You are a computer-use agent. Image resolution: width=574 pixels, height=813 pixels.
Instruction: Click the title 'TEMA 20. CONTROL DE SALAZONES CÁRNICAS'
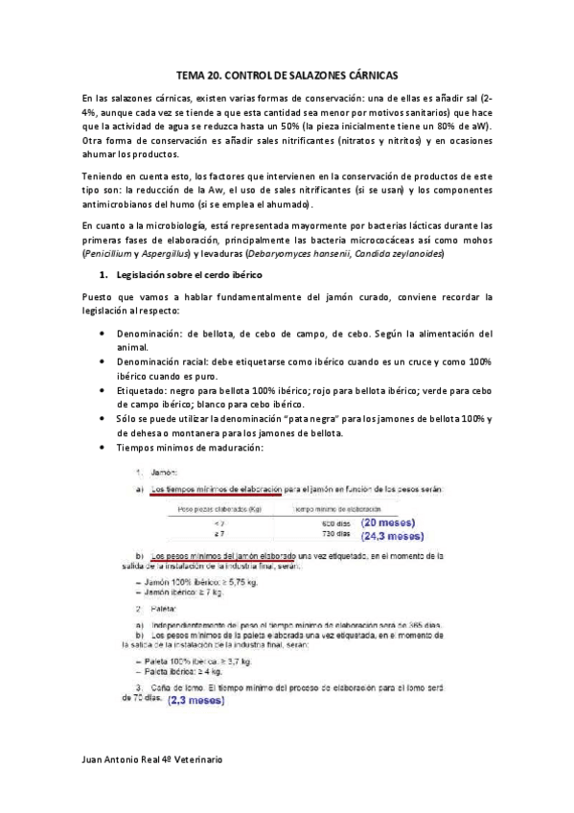[x=287, y=75]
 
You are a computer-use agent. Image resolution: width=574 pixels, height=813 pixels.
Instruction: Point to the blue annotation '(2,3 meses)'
[x=195, y=701]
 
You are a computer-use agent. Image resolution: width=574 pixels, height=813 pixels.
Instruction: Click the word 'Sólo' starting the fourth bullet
[x=127, y=420]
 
